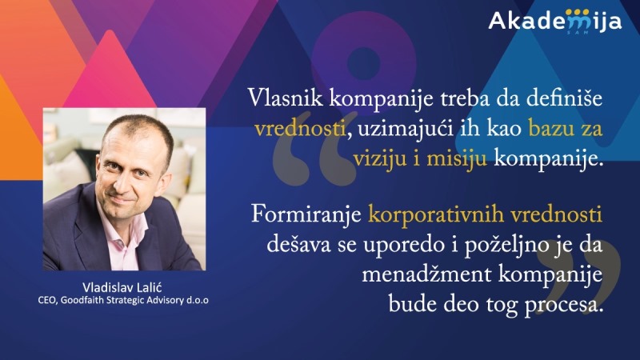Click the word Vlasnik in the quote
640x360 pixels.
pos(286,98)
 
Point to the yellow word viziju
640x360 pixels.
pos(379,158)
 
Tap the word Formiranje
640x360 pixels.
pos(306,215)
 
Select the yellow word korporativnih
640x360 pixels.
pos(436,215)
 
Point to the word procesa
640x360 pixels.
pos(563,304)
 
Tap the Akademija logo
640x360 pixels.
pos(555,22)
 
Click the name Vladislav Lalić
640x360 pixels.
pos(122,287)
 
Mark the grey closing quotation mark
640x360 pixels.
pos(578,277)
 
